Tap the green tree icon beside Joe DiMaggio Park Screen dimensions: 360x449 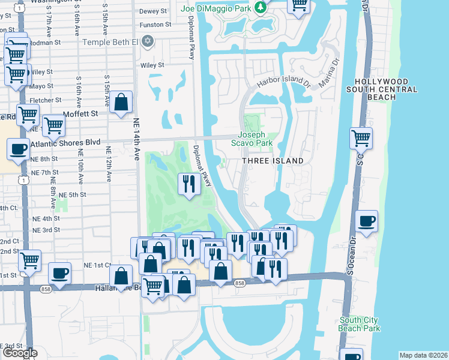[x=260, y=8]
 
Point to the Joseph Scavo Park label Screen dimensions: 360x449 [x=256, y=139]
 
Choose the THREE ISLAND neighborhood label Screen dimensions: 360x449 [x=268, y=161]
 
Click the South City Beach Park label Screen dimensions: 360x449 [x=360, y=324]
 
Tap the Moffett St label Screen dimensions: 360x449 [x=81, y=113]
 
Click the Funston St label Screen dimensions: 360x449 [x=155, y=25]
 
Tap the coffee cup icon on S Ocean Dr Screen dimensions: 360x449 [x=366, y=221]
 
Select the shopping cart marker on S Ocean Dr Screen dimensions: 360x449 [x=361, y=138]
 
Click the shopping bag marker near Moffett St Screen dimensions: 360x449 [x=121, y=102]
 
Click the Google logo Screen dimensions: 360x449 [x=20, y=353]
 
